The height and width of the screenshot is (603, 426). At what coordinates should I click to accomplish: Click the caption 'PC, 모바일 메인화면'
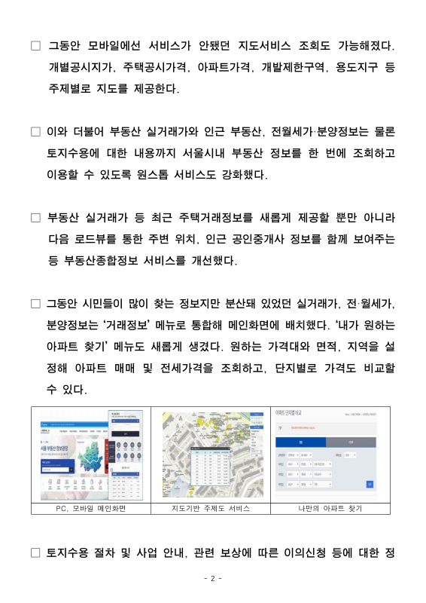[x=90, y=509]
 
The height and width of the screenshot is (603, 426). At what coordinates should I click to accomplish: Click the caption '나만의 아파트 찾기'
[x=330, y=509]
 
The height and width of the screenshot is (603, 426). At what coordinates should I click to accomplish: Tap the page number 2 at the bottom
[x=213, y=578]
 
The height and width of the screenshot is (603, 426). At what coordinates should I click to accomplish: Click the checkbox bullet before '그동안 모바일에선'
[x=35, y=47]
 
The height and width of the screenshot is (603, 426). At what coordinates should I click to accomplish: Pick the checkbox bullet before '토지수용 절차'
[x=35, y=552]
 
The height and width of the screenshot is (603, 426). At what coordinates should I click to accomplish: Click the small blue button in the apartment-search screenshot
[x=369, y=484]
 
